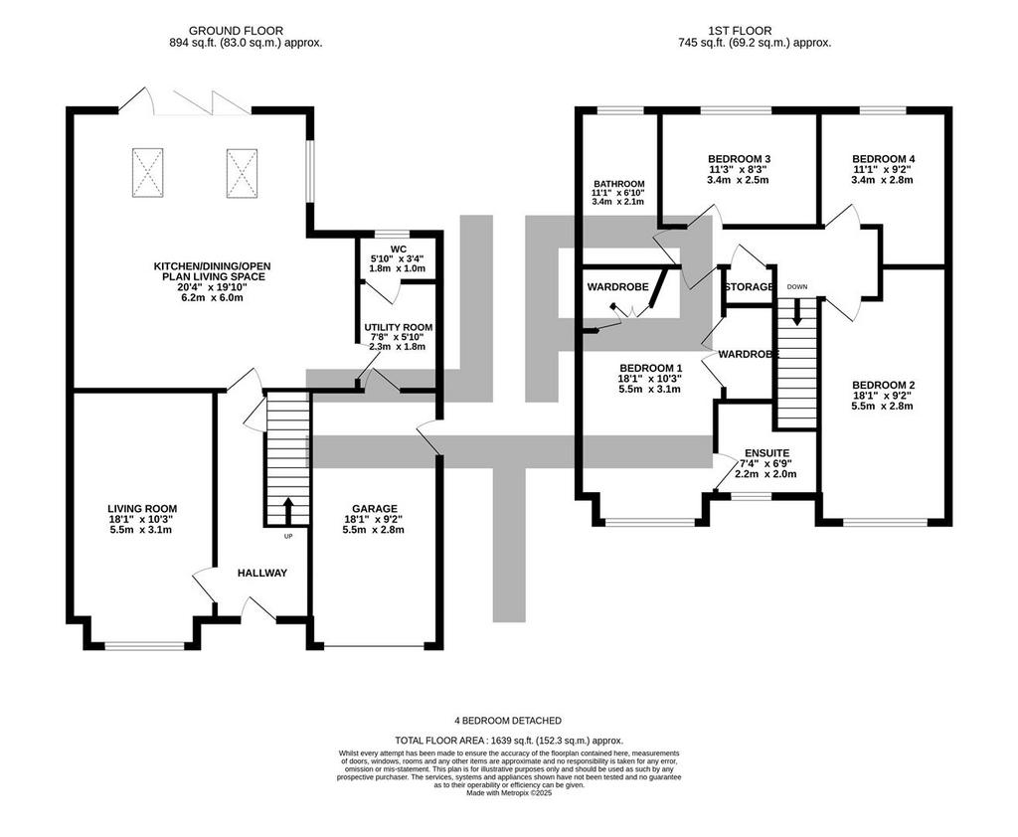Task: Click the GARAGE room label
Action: (x=375, y=508)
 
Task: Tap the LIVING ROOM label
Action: (x=142, y=509)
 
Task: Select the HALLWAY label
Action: (x=262, y=573)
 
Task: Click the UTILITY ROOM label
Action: (x=398, y=327)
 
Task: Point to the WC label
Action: (x=399, y=249)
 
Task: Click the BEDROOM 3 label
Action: (x=739, y=158)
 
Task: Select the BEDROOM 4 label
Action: (x=883, y=158)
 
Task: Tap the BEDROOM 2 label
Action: (x=883, y=385)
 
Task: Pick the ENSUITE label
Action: (x=766, y=452)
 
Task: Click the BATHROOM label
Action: (x=618, y=184)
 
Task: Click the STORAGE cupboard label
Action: (x=750, y=286)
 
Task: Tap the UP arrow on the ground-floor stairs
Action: (x=288, y=510)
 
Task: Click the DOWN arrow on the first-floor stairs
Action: (x=796, y=312)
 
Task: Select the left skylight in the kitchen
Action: (x=147, y=173)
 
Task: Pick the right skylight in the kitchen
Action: (x=243, y=173)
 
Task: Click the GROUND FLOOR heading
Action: (x=236, y=31)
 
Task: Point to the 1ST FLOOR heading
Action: (x=740, y=31)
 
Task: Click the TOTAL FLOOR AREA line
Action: (x=510, y=741)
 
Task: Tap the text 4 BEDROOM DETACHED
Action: (x=508, y=720)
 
